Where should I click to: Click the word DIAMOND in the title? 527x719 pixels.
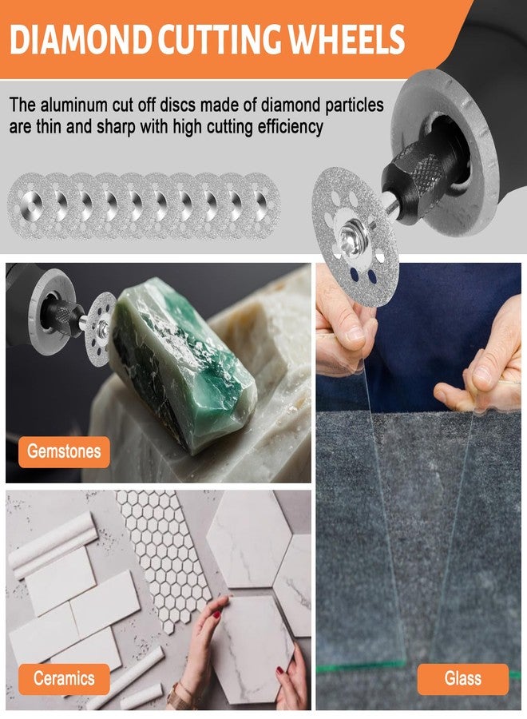click(x=81, y=39)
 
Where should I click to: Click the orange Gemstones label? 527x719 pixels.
click(x=64, y=451)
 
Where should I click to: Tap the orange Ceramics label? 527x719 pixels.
click(x=64, y=678)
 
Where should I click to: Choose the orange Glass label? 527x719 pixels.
click(x=463, y=678)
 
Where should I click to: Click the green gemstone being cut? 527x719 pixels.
click(x=184, y=362)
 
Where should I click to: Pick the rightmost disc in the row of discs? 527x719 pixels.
click(x=261, y=205)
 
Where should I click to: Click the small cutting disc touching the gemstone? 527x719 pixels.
click(x=101, y=328)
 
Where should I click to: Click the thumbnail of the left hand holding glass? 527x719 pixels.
click(x=355, y=333)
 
